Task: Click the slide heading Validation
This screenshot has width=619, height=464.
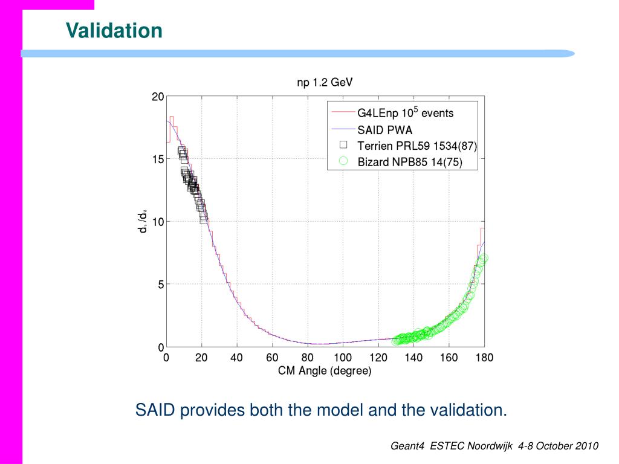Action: coord(114,30)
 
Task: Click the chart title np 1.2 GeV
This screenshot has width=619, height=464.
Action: coord(324,83)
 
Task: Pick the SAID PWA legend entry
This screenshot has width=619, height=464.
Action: coord(384,129)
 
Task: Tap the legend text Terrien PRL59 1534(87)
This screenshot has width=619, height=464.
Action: coord(417,146)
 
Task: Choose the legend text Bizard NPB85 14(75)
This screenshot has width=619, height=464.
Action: coord(409,162)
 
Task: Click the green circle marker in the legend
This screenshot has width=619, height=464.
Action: coord(343,161)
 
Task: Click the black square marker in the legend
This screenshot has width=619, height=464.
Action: coord(343,145)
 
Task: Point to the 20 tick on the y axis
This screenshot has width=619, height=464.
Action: coord(157,97)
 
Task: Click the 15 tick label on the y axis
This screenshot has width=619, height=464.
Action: coord(157,159)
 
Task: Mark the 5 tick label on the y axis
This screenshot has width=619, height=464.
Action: coord(160,285)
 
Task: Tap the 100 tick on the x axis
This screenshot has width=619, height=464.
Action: coord(343,358)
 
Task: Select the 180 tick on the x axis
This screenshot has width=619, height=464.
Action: coord(484,358)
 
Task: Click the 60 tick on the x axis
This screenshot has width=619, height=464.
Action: coord(272,358)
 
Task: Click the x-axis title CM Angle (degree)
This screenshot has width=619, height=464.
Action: coord(325,371)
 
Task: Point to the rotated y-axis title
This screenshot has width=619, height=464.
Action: coord(143,221)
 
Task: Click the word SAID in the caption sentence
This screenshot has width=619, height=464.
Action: coord(155,410)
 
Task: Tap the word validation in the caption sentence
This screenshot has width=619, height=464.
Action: coord(468,410)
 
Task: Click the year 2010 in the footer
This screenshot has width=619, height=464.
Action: coord(586,446)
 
